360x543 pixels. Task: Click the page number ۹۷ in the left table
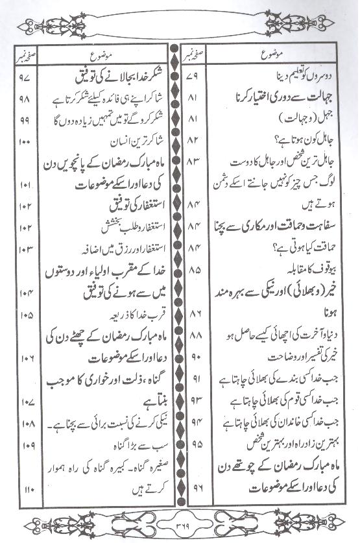(26, 78)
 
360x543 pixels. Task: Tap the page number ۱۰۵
(26, 316)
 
